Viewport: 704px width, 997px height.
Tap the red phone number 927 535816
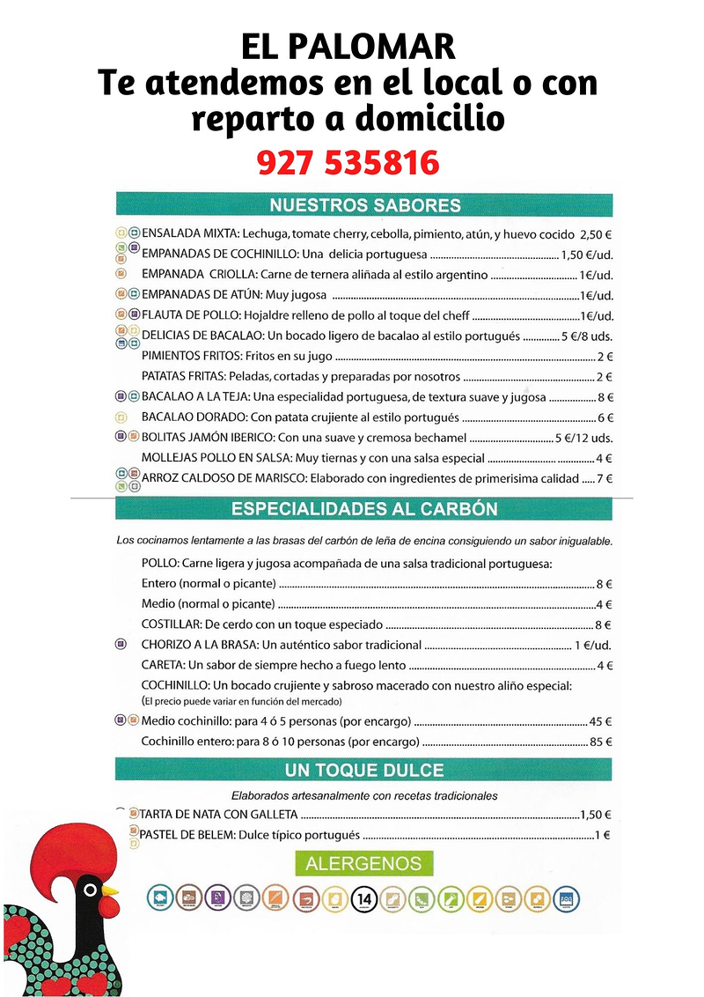(348, 162)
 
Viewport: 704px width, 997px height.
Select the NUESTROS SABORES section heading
(364, 205)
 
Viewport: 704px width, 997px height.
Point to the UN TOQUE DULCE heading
(364, 771)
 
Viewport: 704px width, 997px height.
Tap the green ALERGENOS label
(363, 864)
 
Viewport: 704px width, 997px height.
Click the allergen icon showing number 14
(364, 899)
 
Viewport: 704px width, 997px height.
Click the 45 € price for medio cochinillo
(601, 721)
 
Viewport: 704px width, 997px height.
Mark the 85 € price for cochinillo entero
(601, 742)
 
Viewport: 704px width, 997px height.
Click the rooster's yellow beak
(111, 890)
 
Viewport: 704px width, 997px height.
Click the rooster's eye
(88, 890)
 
